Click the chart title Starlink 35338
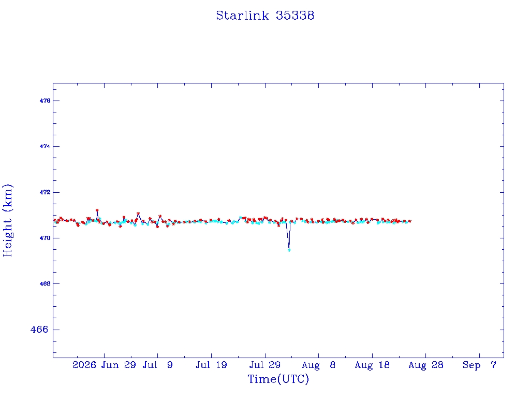pyautogui.click(x=265, y=16)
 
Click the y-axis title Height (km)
pyautogui.click(x=7, y=220)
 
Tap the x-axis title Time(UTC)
pyautogui.click(x=278, y=379)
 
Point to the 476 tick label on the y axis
pyautogui.click(x=45, y=101)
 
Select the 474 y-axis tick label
pyautogui.click(x=45, y=146)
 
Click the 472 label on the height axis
pyautogui.click(x=45, y=192)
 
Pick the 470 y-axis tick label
pyautogui.click(x=45, y=238)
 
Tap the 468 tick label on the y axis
pyautogui.click(x=45, y=283)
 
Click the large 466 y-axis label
pyautogui.click(x=39, y=329)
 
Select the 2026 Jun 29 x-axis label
pyautogui.click(x=104, y=365)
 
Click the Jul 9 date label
pyautogui.click(x=157, y=365)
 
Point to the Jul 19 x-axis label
pyautogui.click(x=211, y=365)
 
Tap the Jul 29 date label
pyautogui.click(x=265, y=365)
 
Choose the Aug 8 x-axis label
pyautogui.click(x=318, y=365)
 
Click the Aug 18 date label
pyautogui.click(x=372, y=365)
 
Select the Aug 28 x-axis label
pyautogui.click(x=425, y=365)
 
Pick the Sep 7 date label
pyautogui.click(x=479, y=365)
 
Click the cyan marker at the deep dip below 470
pyautogui.click(x=289, y=250)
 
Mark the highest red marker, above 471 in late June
pyautogui.click(x=97, y=210)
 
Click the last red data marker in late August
pyautogui.click(x=410, y=221)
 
